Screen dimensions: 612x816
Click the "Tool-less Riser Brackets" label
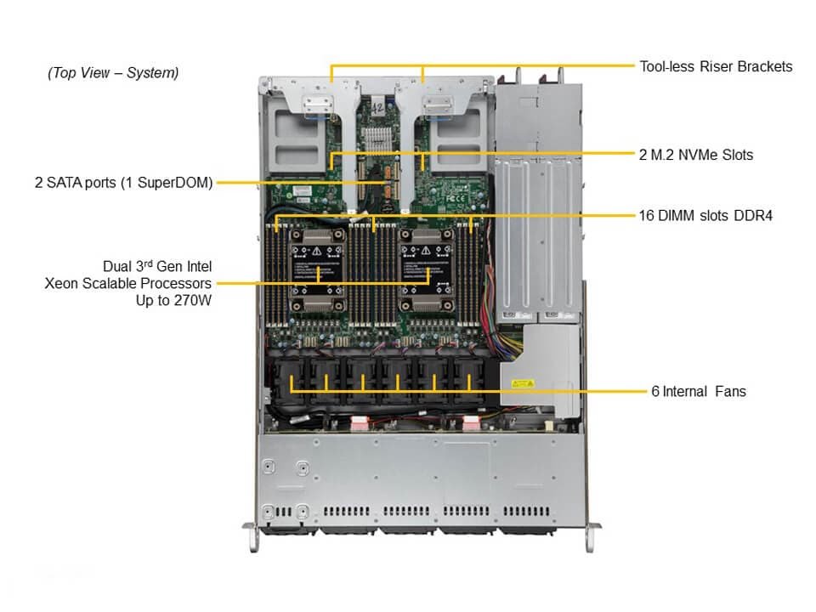click(716, 66)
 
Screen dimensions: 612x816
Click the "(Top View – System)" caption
click(113, 73)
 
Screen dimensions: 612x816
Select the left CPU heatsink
click(317, 273)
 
